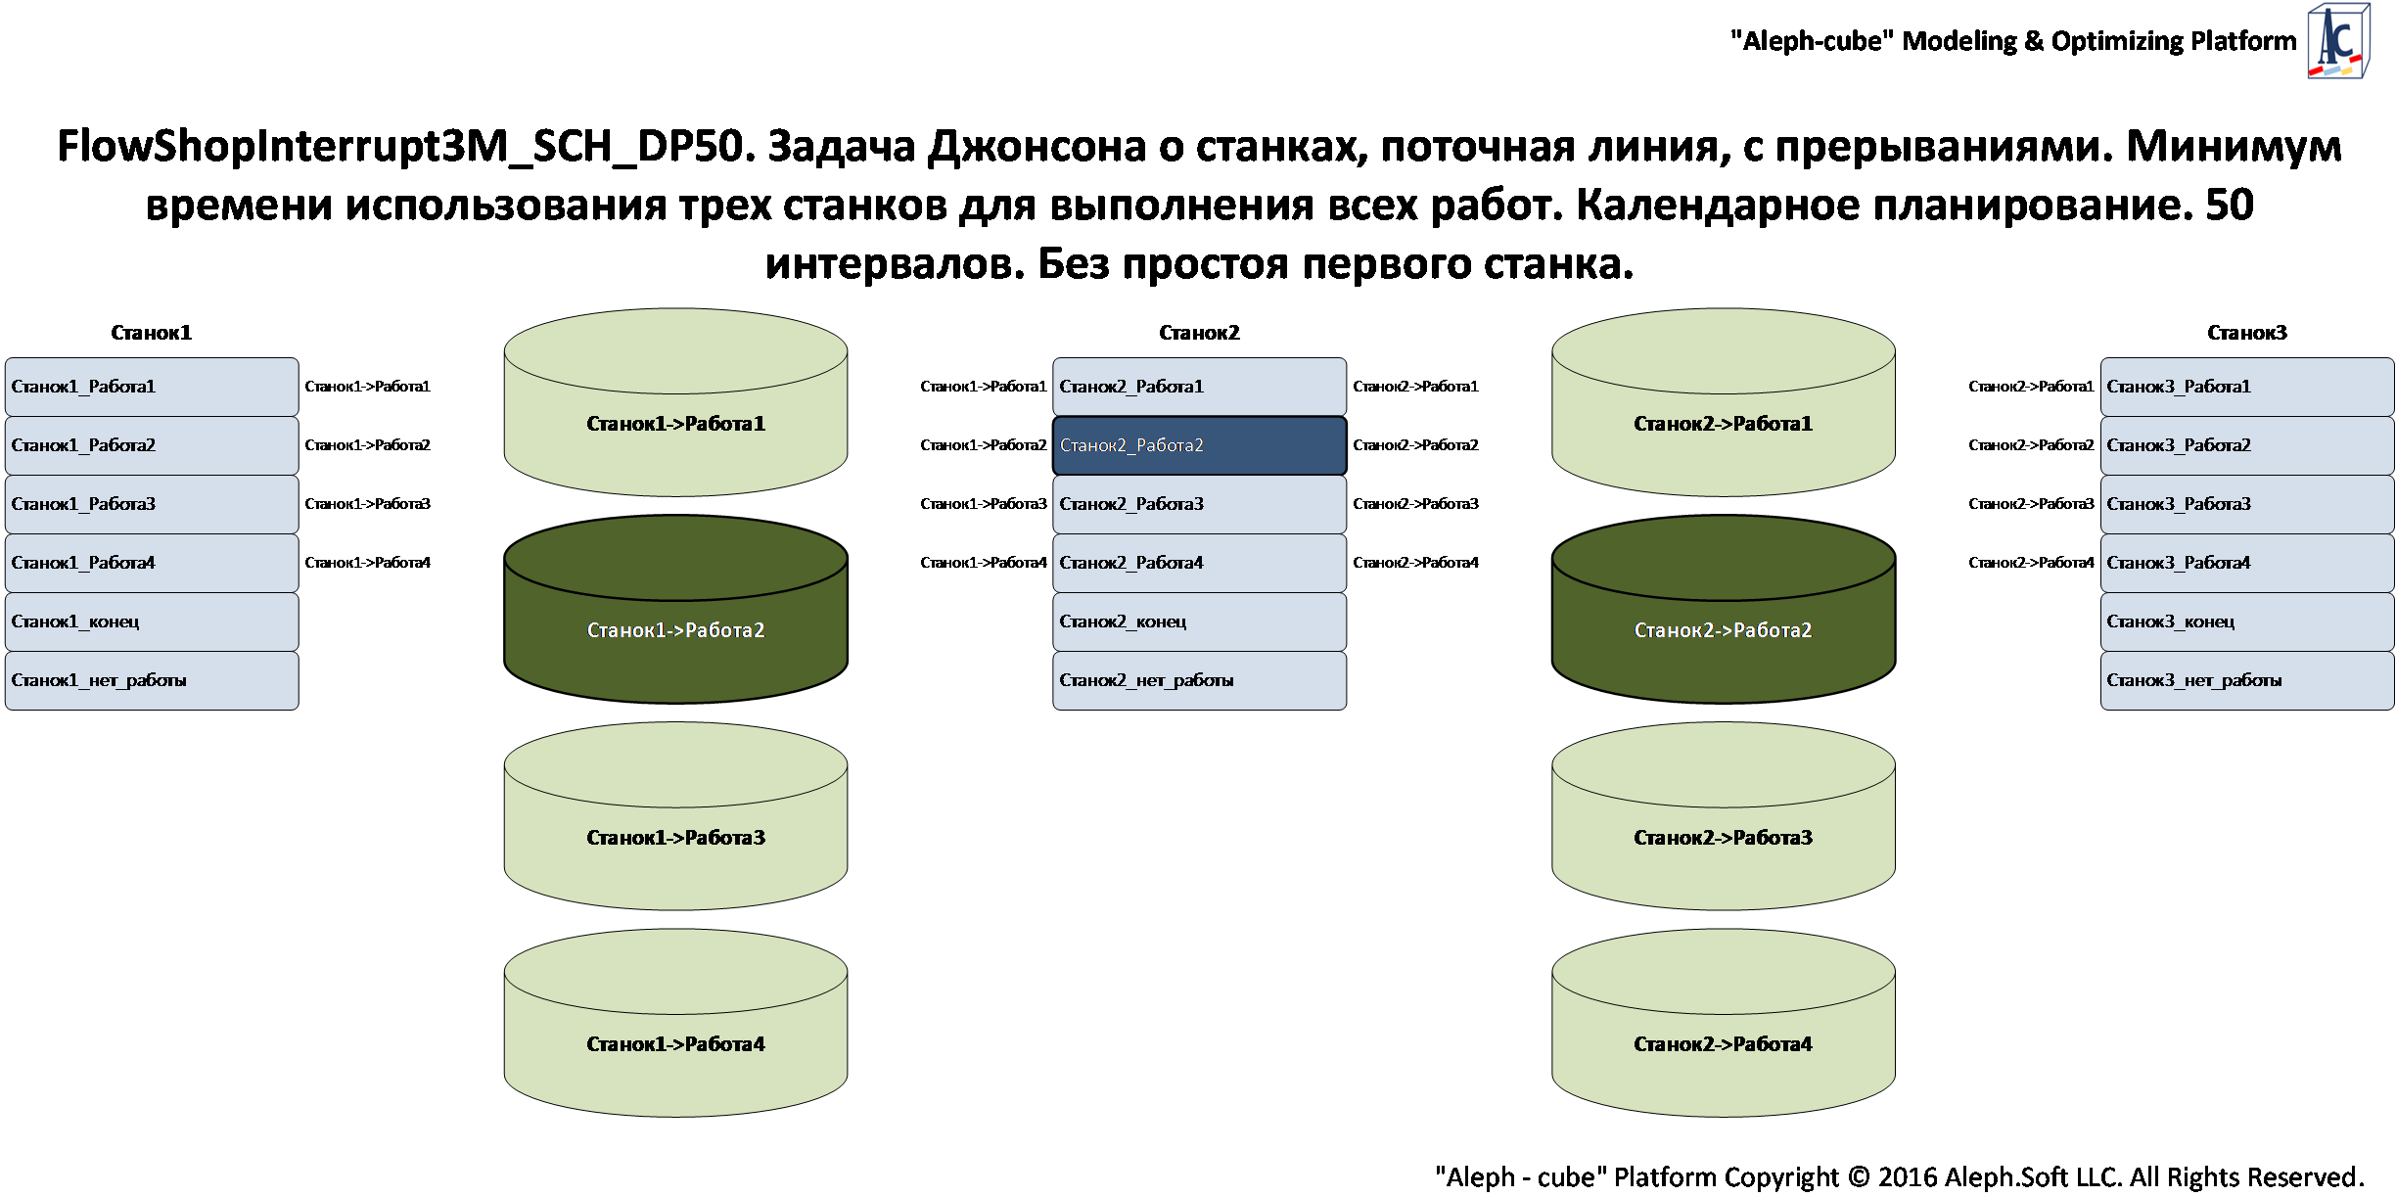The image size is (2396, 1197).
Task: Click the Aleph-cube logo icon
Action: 2337,42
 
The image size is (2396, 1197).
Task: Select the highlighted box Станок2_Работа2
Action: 1199,445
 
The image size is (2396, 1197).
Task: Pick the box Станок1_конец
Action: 152,622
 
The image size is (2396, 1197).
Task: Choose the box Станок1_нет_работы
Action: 152,680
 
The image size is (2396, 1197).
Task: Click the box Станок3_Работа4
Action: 2246,563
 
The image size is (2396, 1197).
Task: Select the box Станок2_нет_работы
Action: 1199,680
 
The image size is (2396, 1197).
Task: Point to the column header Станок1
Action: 151,333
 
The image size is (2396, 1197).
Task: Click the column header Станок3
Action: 2246,333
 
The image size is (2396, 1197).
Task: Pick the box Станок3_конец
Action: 2246,622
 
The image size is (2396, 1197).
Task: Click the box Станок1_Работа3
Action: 152,504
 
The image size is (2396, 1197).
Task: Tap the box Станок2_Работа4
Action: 1199,563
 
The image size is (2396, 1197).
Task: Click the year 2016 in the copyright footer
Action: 1908,1176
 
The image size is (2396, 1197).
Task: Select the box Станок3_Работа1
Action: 2246,387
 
